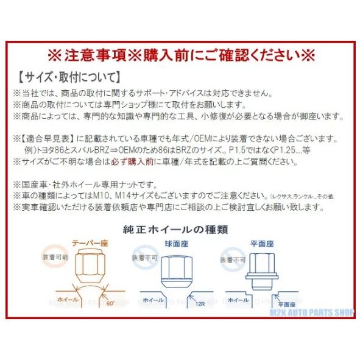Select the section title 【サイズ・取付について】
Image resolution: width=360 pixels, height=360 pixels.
pyautogui.click(x=68, y=79)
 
